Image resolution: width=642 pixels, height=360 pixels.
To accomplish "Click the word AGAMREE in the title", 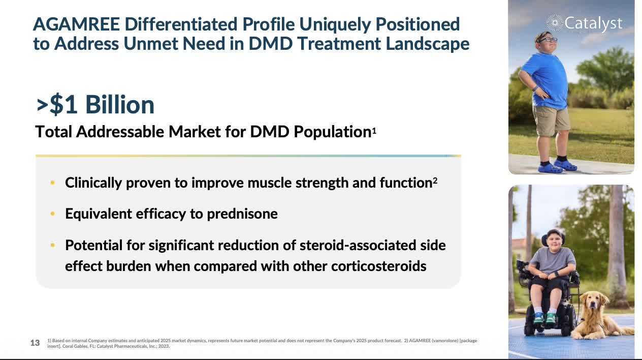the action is pos(77,24).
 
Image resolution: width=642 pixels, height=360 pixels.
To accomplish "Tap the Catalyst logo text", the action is pos(593,23).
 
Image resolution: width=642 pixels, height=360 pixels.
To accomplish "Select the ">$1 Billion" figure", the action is pos(95,105).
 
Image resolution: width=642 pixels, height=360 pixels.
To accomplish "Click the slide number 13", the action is pos(35,343).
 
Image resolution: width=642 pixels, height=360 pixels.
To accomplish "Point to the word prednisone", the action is pos(242,214).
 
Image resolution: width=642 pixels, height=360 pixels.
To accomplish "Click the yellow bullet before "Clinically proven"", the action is pos(52,183).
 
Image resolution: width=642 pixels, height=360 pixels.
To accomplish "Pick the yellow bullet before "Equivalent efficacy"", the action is pos(52,214).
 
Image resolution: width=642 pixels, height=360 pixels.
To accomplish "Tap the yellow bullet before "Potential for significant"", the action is pos(52,245).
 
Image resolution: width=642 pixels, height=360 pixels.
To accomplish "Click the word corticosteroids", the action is pos(379,266).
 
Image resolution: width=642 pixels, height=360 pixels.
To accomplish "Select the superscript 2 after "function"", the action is pos(435,181).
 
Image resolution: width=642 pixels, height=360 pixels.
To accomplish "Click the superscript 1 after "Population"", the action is pos(374,131).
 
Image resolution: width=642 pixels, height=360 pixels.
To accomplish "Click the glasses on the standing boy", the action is pos(548,40).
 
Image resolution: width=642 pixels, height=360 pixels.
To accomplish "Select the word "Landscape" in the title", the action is pos(427,44).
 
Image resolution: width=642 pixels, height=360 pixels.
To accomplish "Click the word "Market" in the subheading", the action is pos(195,132).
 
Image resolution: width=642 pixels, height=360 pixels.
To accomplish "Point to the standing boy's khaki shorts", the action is pos(551,121).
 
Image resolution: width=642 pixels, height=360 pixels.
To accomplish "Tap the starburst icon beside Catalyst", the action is pos(555,23).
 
